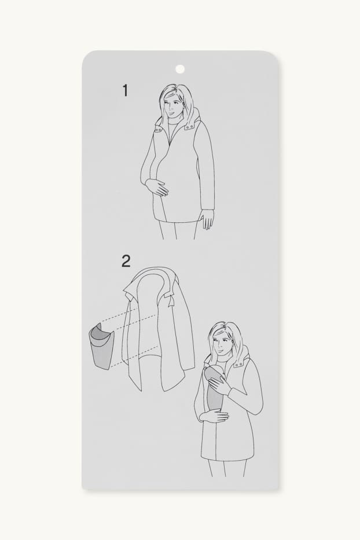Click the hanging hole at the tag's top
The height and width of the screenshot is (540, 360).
(180, 69)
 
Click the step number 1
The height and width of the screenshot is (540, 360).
(125, 90)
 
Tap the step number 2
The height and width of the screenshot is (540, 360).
(126, 262)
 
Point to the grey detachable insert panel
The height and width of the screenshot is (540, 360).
(102, 345)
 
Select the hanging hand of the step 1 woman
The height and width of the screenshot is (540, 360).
(208, 220)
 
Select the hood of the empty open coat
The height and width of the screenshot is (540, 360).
(153, 279)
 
